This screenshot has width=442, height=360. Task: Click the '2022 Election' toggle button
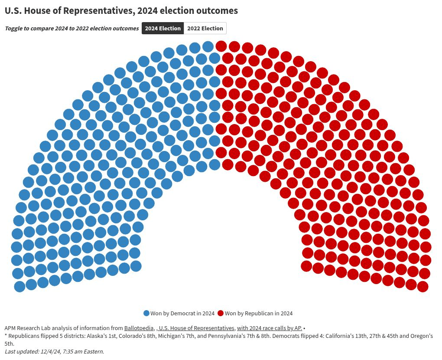(205, 29)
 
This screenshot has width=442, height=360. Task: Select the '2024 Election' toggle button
(162, 29)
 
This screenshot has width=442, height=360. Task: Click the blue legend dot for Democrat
(146, 313)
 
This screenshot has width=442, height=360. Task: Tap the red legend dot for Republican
(221, 313)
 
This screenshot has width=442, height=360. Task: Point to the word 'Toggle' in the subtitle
(13, 29)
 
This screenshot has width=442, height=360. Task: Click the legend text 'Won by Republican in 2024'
(259, 313)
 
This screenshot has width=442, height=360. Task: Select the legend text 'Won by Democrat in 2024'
(182, 313)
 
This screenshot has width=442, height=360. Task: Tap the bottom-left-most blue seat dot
(19, 286)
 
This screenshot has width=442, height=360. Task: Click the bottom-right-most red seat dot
(422, 286)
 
